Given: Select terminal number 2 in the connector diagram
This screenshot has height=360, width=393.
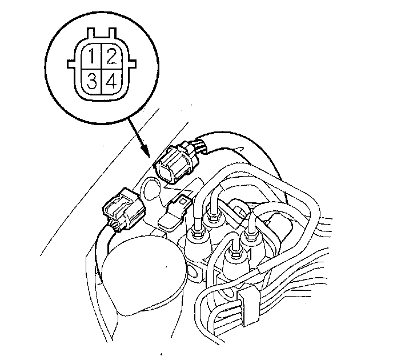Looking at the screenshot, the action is point(111,58).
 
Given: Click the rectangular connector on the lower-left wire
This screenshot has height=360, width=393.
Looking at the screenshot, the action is point(122,209).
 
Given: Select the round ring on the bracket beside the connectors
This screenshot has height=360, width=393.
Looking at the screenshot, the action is point(152,188).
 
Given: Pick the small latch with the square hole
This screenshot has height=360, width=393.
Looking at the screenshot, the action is point(183,202).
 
